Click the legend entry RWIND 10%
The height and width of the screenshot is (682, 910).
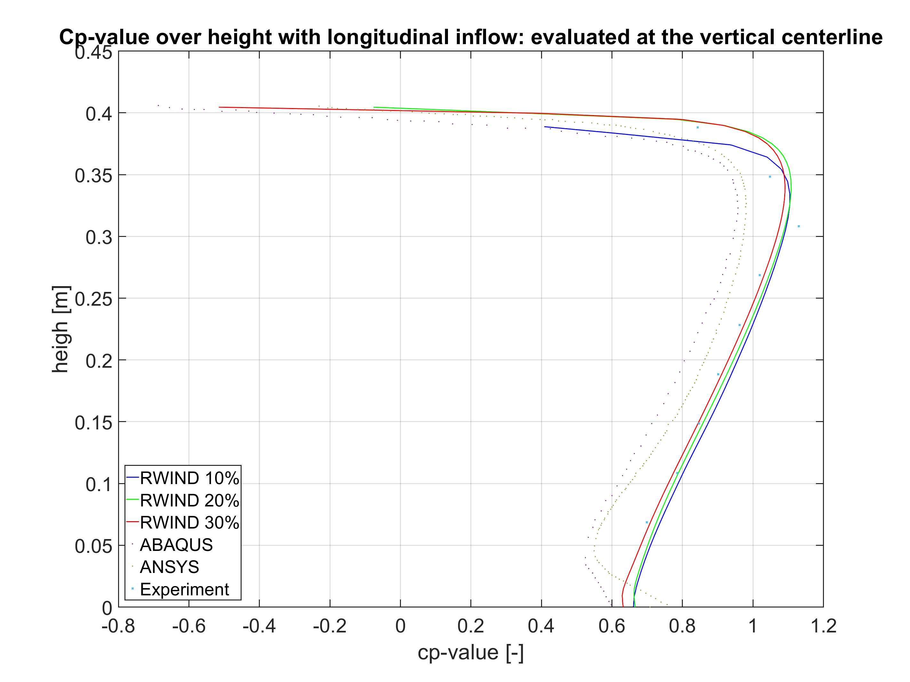(189, 478)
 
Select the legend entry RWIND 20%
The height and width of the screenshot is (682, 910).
(189, 500)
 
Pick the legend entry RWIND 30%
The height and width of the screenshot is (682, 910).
(189, 522)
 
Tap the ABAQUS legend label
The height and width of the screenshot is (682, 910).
(176, 545)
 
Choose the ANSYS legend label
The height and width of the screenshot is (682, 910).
(169, 567)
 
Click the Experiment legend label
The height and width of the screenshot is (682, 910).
(184, 589)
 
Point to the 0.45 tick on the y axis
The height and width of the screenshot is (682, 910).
(93, 53)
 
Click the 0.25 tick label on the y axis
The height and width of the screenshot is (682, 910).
(93, 299)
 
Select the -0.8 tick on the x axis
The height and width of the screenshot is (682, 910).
(118, 626)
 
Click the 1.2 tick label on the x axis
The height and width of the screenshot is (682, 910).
(823, 626)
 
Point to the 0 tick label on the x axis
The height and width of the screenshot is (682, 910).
(400, 626)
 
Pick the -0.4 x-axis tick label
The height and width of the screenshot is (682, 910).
(259, 626)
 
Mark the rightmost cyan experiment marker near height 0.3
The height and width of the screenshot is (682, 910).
(799, 226)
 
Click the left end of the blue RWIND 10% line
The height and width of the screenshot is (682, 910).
(545, 127)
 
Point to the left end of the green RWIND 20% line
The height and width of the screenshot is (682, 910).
(373, 107)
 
